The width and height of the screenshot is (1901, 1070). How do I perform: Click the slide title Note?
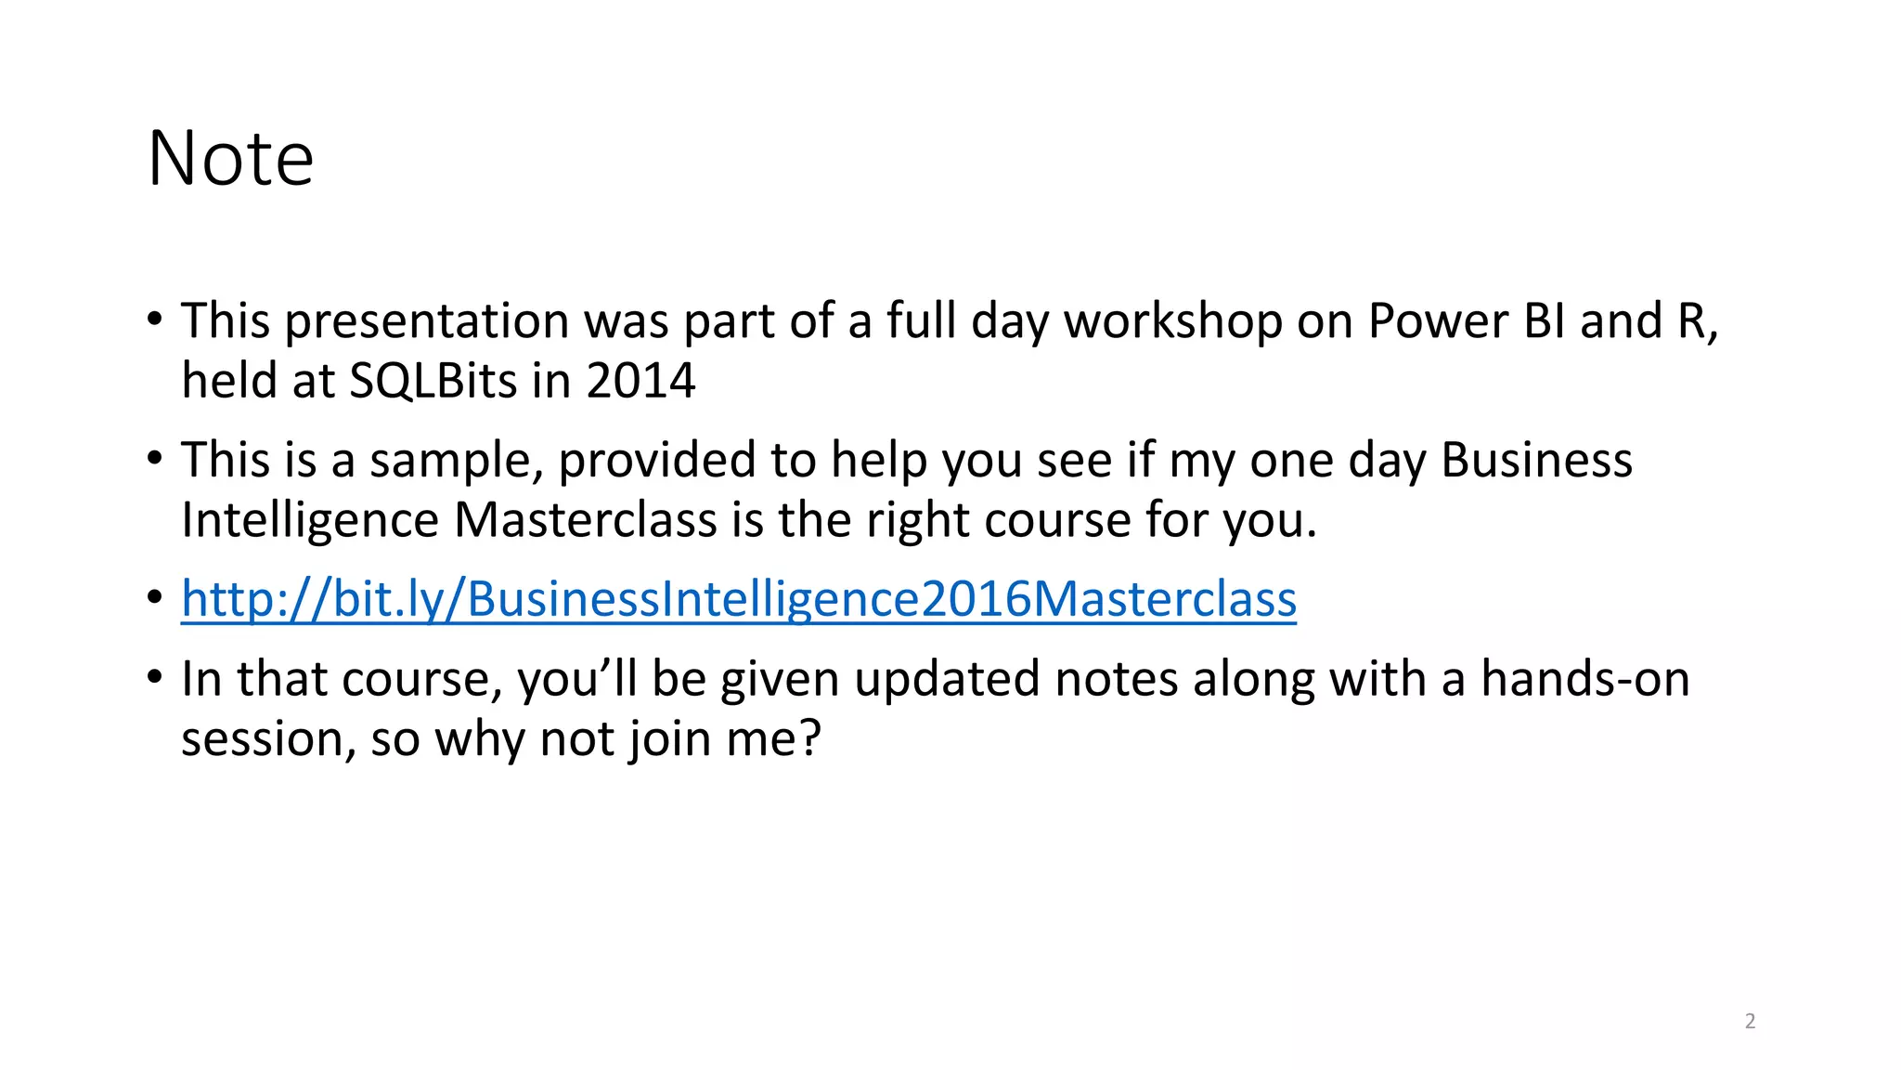[x=231, y=159]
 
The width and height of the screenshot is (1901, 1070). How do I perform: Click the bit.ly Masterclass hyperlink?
[x=738, y=599]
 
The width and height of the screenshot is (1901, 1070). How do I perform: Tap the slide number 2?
[x=1750, y=1022]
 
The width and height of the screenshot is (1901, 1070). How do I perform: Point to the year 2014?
[x=640, y=381]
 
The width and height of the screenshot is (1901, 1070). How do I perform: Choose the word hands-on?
[x=1584, y=679]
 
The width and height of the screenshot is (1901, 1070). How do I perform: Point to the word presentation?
[x=426, y=321]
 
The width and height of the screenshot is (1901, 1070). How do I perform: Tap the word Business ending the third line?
[x=1536, y=461]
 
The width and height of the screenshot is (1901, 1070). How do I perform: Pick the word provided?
[x=657, y=461]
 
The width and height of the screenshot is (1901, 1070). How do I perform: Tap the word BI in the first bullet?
[x=1544, y=321]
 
